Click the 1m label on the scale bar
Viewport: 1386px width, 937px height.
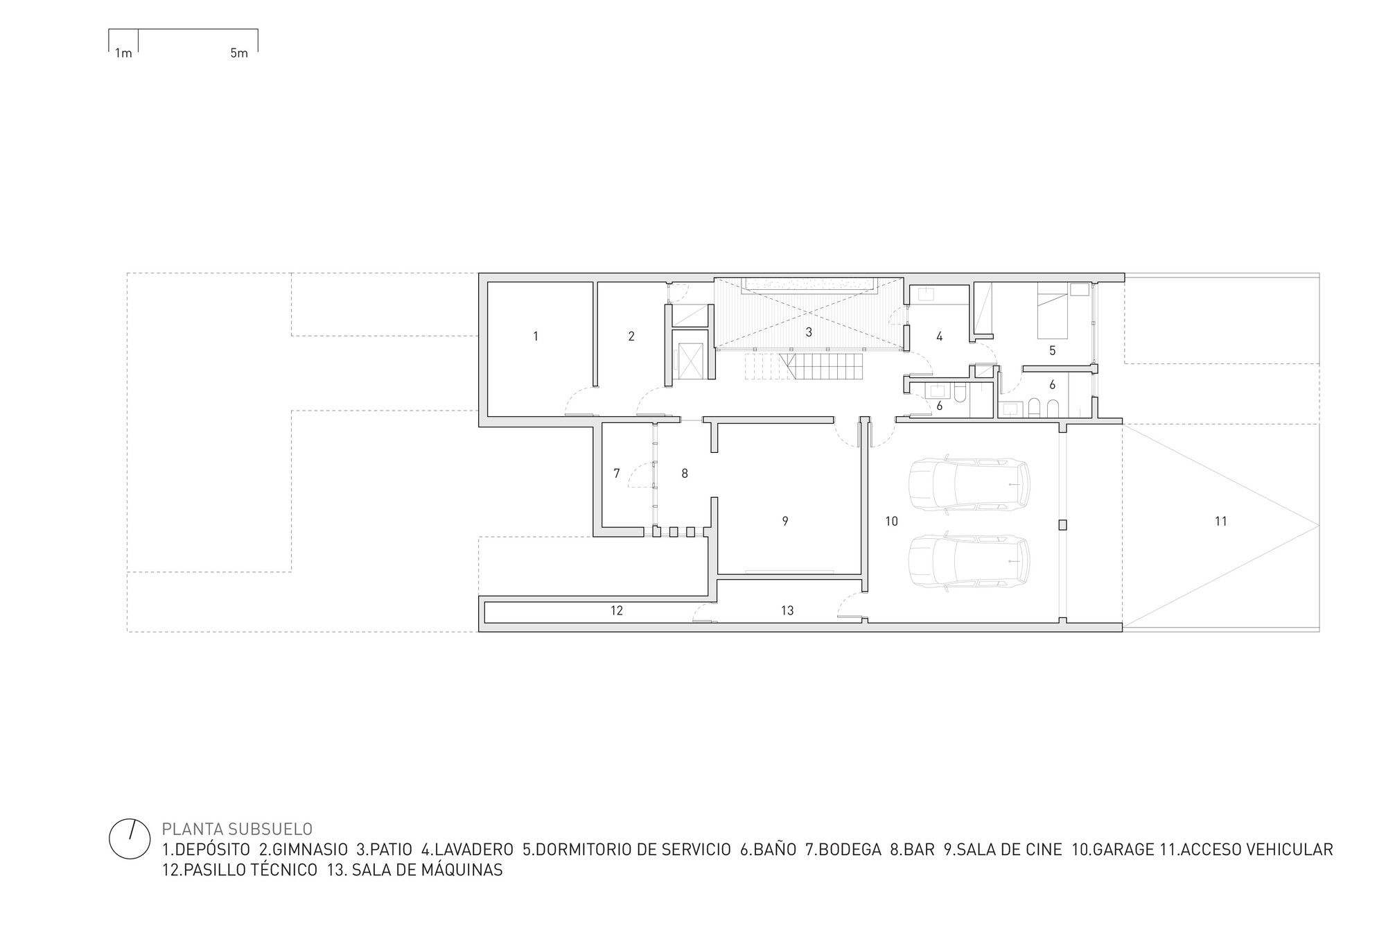pos(123,53)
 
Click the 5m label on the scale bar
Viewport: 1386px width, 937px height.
pos(238,53)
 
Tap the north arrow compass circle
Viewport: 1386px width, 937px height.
pos(130,839)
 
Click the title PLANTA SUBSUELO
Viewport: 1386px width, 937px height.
pos(237,829)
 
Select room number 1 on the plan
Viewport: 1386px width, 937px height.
pos(536,336)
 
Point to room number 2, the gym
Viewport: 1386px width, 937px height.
pos(631,336)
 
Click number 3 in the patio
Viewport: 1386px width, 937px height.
pos(809,333)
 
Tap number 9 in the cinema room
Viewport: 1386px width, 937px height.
pos(785,521)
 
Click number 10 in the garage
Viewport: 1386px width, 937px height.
pos(891,521)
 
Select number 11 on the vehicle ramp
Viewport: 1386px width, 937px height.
pos(1221,521)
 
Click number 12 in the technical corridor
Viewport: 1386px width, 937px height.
pos(617,610)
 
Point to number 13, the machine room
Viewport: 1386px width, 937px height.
pos(787,610)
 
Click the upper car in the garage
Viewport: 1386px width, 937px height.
pos(969,484)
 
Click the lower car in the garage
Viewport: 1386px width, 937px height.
pos(969,561)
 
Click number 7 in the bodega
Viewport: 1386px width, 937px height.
pos(617,474)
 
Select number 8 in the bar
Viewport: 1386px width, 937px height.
pos(685,474)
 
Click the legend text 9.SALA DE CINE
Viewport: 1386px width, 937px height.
pos(1003,850)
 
